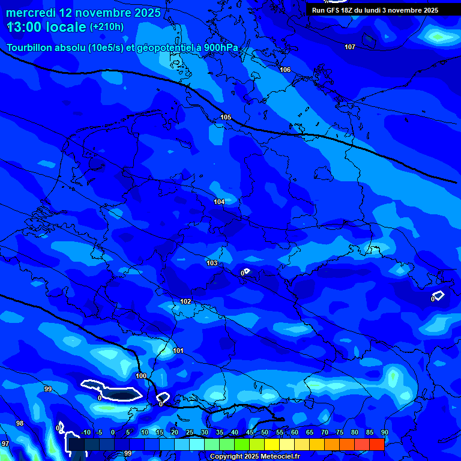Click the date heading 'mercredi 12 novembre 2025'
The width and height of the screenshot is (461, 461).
click(x=83, y=13)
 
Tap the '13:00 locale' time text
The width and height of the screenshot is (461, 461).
click(x=47, y=27)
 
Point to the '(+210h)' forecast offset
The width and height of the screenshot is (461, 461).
click(x=107, y=27)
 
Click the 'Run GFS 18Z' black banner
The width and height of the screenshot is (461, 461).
click(x=375, y=10)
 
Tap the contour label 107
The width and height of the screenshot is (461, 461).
click(x=350, y=47)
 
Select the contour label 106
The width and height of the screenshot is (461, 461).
click(x=285, y=70)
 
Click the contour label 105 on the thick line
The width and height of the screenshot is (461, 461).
click(x=226, y=117)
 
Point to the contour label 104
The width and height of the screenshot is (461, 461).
click(x=219, y=202)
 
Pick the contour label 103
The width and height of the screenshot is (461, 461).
click(x=212, y=264)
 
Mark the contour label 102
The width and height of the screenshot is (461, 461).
click(x=185, y=302)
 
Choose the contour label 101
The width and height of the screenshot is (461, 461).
click(x=178, y=351)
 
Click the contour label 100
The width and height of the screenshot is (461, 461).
click(x=141, y=376)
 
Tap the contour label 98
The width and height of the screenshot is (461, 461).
click(x=20, y=423)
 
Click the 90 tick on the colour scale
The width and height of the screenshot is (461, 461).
click(x=385, y=432)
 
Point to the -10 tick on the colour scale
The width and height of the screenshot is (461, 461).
click(x=85, y=432)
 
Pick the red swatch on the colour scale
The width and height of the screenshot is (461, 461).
click(x=376, y=444)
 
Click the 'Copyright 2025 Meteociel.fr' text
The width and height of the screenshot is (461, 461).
click(x=255, y=457)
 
